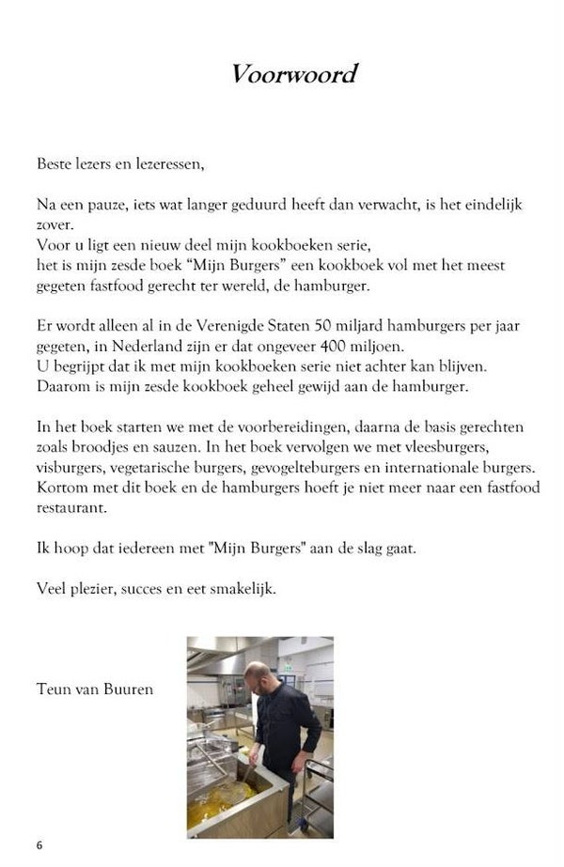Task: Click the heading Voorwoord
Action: (x=293, y=75)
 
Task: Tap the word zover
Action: (x=55, y=225)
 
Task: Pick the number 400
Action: (x=349, y=345)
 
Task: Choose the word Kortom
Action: (x=63, y=488)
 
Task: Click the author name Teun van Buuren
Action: (x=95, y=689)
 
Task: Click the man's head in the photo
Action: (x=257, y=675)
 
